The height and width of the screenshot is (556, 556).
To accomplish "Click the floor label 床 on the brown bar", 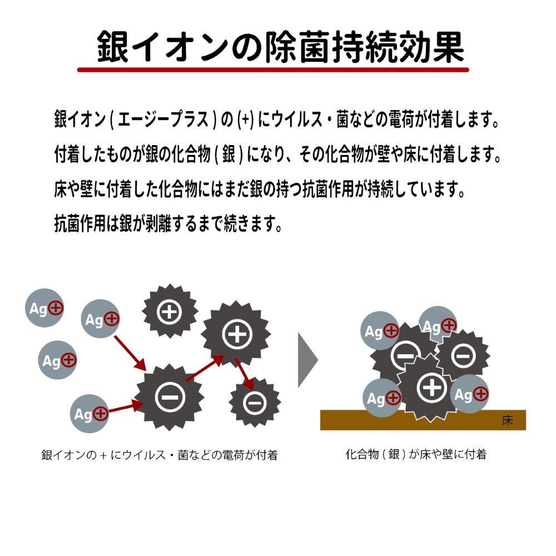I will (x=507, y=421).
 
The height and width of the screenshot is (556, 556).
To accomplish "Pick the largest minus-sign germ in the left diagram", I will (x=167, y=396).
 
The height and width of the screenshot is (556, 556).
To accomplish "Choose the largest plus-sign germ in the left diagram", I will (x=236, y=334).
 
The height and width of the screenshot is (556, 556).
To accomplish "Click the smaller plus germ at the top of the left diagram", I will (x=170, y=312).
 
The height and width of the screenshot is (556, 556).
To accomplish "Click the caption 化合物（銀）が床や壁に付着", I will (x=415, y=454).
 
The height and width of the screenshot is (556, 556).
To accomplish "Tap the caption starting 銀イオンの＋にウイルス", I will (x=159, y=455).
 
